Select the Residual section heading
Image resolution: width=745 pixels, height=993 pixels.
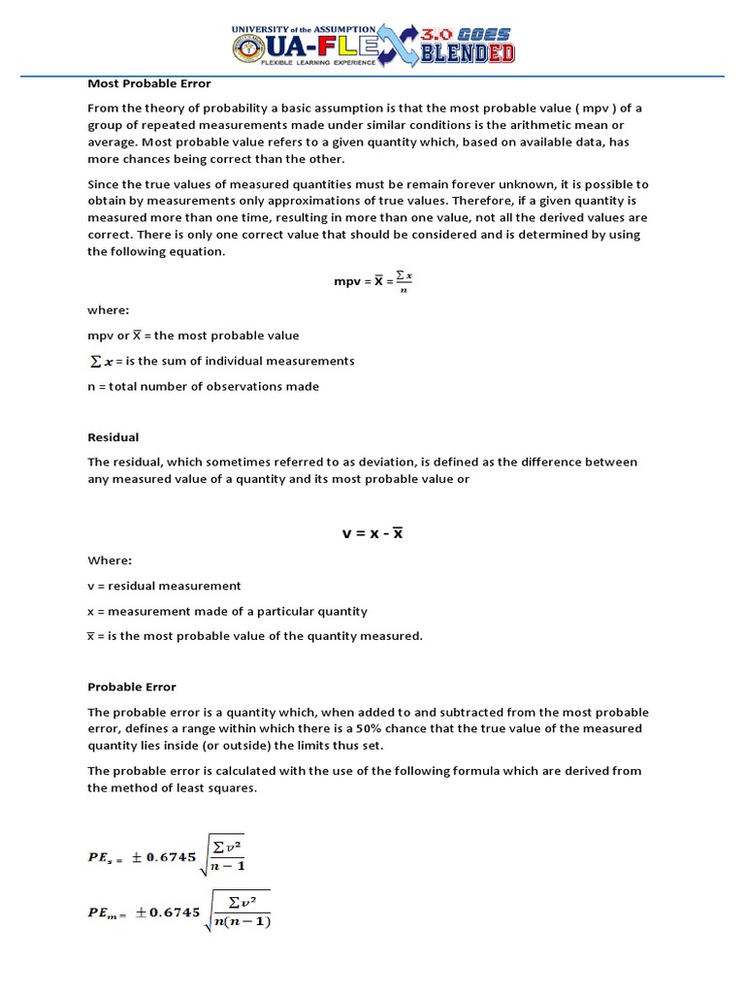click(113, 437)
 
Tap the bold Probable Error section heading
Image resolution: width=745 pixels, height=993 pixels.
click(132, 687)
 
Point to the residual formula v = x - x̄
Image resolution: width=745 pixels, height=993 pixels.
click(372, 533)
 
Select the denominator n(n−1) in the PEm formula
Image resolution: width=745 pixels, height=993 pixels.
click(241, 921)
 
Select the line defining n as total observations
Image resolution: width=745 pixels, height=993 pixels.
click(203, 386)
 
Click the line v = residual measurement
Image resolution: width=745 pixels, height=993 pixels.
click(164, 586)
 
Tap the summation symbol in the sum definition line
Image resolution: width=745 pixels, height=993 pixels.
click(94, 361)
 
